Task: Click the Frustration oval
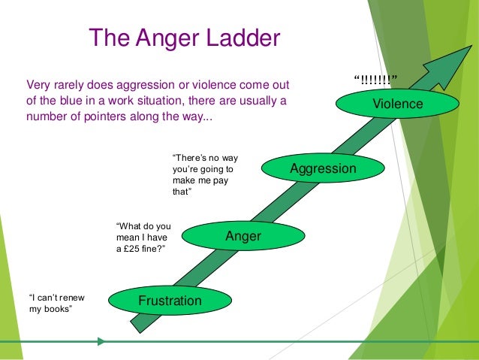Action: click(170, 301)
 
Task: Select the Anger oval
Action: click(243, 237)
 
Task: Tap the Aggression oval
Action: click(323, 169)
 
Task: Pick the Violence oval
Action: click(398, 104)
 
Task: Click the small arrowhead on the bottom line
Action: click(101, 341)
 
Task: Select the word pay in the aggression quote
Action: click(225, 181)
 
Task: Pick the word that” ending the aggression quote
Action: click(182, 193)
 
